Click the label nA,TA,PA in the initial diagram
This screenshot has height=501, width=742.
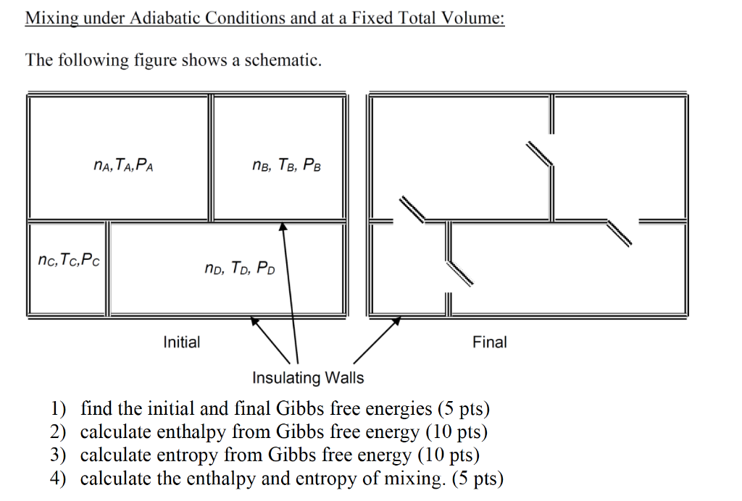[x=123, y=166]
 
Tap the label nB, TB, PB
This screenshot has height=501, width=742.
[x=287, y=166]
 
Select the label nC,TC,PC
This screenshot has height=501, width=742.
[x=68, y=259]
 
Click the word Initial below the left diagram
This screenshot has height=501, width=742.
[x=182, y=342]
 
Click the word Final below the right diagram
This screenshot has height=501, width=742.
[x=490, y=342]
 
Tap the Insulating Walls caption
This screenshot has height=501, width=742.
[x=308, y=377]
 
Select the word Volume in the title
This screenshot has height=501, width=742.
[x=468, y=18]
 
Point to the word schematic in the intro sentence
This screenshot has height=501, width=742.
[x=282, y=60]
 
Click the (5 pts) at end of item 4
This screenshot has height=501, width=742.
[x=477, y=479]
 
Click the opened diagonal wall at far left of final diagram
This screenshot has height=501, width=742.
[x=412, y=209]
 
